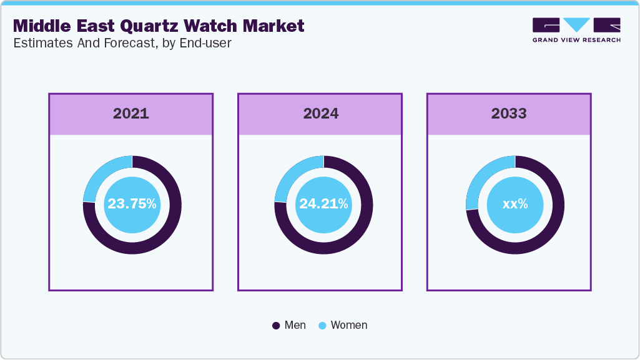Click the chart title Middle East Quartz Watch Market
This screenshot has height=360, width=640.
[x=159, y=26]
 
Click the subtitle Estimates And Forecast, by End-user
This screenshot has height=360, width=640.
[x=122, y=43]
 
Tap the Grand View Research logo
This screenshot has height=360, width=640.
[x=576, y=29]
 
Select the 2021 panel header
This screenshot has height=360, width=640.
[x=131, y=114]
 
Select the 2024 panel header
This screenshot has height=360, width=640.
[x=320, y=114]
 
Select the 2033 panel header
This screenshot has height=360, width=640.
[x=509, y=114]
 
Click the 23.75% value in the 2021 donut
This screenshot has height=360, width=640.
[x=132, y=204]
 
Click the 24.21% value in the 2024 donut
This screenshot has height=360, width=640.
[x=323, y=204]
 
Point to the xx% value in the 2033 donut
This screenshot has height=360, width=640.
[x=515, y=204]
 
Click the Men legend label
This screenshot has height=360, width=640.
[x=295, y=325]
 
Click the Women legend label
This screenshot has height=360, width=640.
[x=349, y=325]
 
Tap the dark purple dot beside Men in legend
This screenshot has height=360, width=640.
[x=277, y=326]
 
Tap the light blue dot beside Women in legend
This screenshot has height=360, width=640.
[x=323, y=326]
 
